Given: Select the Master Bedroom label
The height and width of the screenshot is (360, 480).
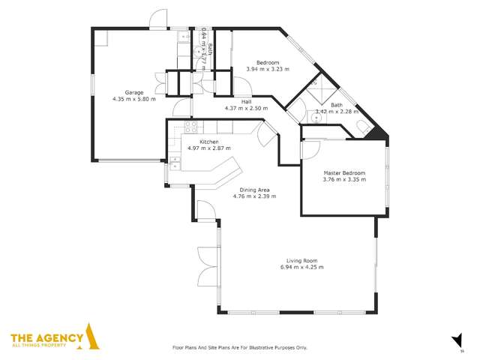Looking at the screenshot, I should (343, 173).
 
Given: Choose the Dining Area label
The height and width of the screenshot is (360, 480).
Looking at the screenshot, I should (253, 190).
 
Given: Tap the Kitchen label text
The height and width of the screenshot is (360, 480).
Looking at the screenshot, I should (209, 142).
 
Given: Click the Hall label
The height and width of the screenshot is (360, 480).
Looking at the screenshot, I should (246, 101).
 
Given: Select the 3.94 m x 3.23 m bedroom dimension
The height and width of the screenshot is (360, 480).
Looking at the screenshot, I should (268, 69).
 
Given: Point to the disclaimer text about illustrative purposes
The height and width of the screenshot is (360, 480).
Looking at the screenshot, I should (240, 347).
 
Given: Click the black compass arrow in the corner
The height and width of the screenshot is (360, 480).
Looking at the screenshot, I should (455, 338).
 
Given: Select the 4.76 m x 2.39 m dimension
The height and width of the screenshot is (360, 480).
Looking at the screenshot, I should (253, 196).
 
